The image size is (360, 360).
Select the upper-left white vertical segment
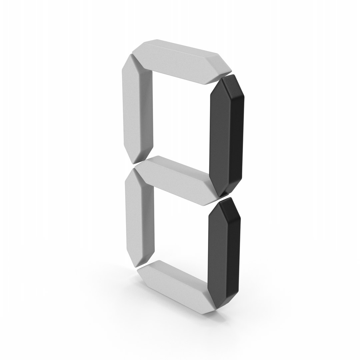137,108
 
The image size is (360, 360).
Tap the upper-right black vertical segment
227,135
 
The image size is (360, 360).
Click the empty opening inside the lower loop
181,233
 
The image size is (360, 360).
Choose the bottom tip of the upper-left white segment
133,163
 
